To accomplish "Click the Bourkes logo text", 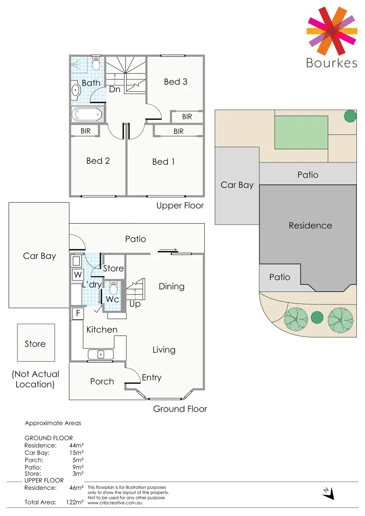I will [x=332, y=63].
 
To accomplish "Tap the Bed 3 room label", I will [x=176, y=82].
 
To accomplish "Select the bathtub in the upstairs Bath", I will [x=87, y=115].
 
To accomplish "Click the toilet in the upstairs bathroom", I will [x=95, y=64].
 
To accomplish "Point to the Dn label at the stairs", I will [x=114, y=89].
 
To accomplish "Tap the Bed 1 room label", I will [x=163, y=162].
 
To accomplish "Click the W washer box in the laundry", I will [x=77, y=275].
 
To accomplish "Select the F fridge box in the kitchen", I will [x=77, y=313].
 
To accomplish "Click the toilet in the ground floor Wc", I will [x=114, y=289].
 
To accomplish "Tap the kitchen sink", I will [x=100, y=355].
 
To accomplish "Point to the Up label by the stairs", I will [x=135, y=304].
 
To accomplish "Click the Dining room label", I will [x=171, y=287].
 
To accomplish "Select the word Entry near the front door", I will [x=151, y=378].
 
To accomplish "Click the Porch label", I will [x=102, y=381].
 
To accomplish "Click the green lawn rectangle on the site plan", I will [x=301, y=132].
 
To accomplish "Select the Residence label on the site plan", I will [x=310, y=226].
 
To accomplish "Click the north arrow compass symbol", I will [x=328, y=493].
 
